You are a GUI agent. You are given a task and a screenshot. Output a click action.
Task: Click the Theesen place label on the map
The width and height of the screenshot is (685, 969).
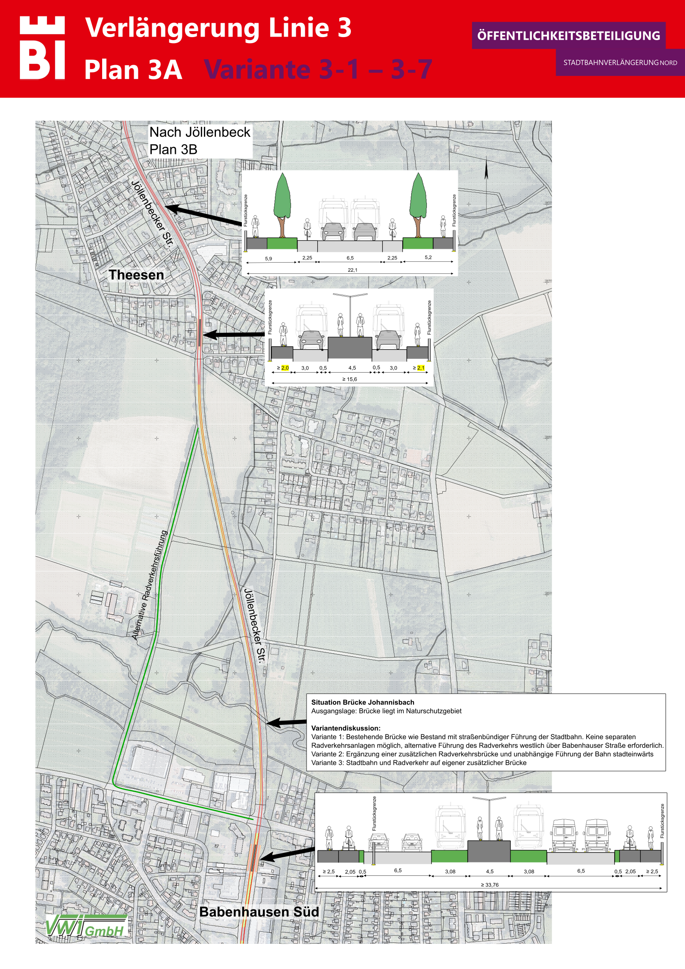coord(136,275)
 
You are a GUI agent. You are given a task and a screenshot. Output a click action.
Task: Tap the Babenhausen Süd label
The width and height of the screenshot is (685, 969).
coord(259,912)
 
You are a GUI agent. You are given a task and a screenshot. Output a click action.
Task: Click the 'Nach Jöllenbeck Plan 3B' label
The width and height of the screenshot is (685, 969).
coord(200,141)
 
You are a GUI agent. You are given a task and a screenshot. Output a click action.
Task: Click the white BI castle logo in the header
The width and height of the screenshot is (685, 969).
coord(42,48)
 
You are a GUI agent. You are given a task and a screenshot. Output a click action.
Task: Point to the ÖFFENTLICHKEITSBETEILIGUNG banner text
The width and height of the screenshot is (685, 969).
coord(569,36)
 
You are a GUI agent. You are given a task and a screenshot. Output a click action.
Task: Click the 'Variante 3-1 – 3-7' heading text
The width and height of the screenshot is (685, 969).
coord(318,69)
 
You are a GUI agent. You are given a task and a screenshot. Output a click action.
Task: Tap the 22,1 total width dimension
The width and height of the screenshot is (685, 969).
coord(352,270)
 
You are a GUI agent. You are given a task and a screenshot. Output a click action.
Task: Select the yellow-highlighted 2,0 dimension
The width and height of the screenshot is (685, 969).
coord(285,368)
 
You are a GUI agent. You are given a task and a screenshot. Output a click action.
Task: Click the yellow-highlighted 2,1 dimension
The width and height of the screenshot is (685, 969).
coord(421,368)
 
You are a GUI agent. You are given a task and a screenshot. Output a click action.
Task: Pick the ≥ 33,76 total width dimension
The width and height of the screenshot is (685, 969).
coord(490,884)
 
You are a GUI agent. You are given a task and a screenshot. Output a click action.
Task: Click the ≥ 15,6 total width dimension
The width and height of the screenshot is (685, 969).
coord(350,379)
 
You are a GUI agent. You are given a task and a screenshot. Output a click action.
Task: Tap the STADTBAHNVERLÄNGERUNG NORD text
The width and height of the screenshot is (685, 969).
coord(620,63)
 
